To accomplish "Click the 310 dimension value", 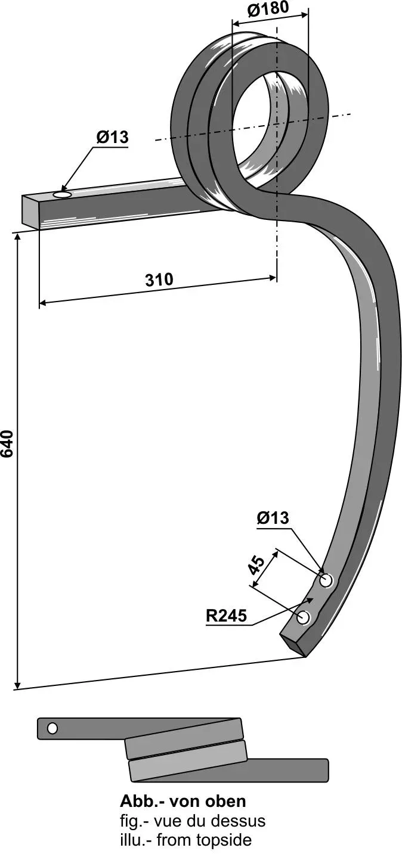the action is (x=159, y=280).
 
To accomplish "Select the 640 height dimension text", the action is (x=8, y=443).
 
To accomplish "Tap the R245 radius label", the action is (x=226, y=615).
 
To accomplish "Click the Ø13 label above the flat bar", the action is (x=112, y=137).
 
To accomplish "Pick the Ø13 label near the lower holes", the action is (x=273, y=518).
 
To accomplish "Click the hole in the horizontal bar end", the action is (x=63, y=195).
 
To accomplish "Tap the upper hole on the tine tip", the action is (x=326, y=581).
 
